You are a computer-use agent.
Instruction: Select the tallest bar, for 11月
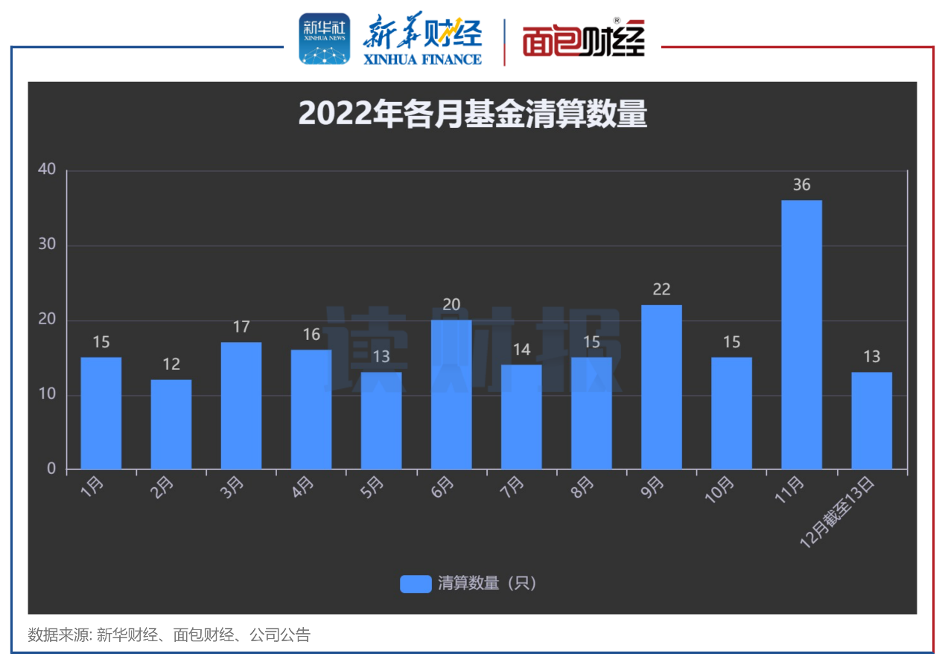click(801, 335)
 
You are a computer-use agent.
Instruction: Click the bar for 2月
click(171, 425)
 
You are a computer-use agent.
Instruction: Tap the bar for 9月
click(661, 387)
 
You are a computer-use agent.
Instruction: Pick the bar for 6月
click(451, 394)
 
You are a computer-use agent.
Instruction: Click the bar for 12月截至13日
click(871, 421)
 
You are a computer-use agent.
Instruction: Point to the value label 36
click(801, 184)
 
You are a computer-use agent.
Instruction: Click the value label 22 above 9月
click(661, 289)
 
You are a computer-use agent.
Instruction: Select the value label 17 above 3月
click(241, 327)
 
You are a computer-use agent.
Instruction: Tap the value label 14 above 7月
click(521, 349)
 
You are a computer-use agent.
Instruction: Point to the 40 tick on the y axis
click(47, 170)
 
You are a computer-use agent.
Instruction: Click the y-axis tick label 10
click(47, 394)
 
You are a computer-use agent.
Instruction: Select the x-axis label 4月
click(303, 488)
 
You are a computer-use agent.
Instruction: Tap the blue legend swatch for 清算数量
click(416, 584)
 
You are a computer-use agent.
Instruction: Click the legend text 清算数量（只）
click(487, 584)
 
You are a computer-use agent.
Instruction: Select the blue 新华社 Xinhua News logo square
click(324, 39)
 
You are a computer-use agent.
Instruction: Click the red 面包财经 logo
click(582, 41)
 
